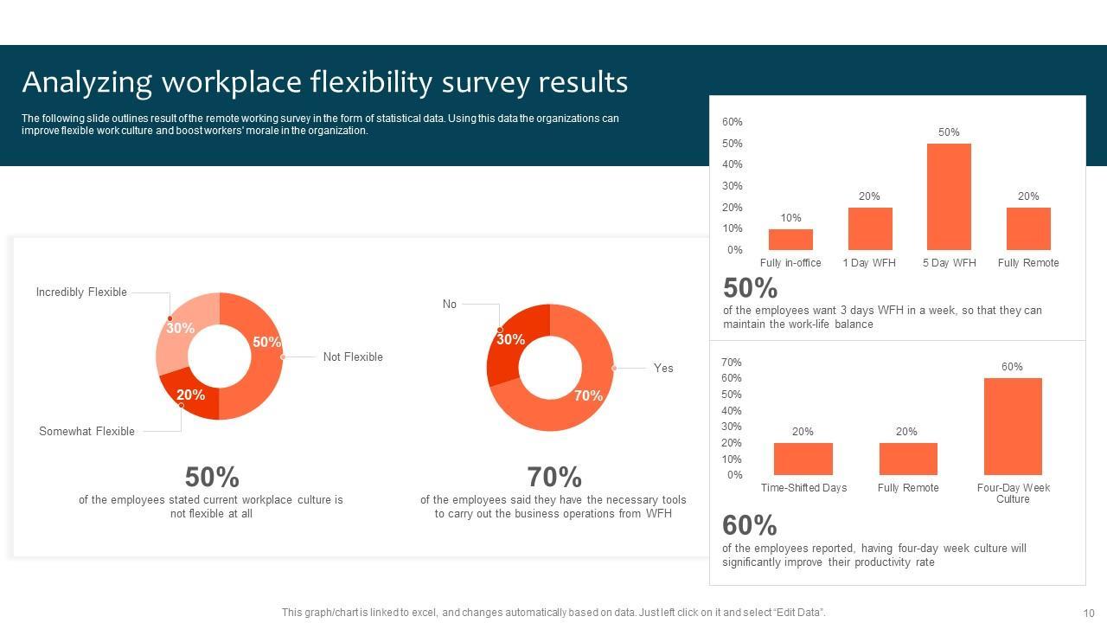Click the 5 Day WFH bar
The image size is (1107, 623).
[x=949, y=196]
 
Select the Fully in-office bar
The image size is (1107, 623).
[x=790, y=240]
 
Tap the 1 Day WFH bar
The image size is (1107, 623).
[x=869, y=228]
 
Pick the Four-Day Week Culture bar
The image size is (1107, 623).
[x=1012, y=426]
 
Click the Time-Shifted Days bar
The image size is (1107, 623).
[x=803, y=459]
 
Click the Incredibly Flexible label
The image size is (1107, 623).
[x=81, y=292]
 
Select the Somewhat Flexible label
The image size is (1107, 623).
[x=86, y=432]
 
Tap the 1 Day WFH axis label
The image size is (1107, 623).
[x=869, y=263]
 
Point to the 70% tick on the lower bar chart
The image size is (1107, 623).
[x=731, y=363]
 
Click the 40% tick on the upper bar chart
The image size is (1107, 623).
[x=732, y=164]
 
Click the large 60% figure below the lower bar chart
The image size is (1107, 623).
[x=749, y=525]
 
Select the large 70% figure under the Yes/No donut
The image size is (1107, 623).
[x=553, y=477]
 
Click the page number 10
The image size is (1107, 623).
[x=1088, y=613]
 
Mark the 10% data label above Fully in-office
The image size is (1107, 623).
[x=790, y=218]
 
